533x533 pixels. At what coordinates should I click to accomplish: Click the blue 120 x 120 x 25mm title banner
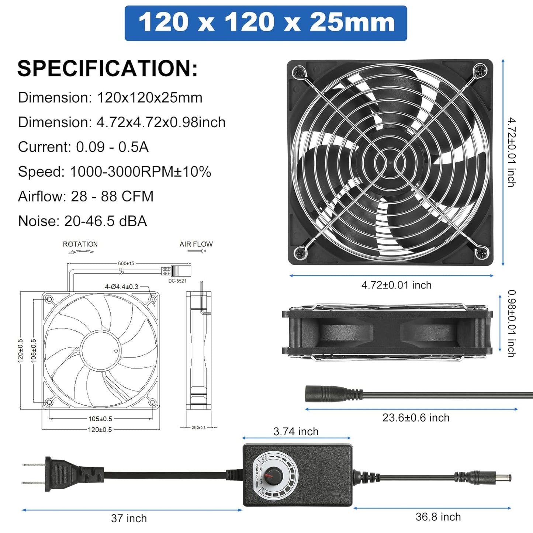[x=266, y=23]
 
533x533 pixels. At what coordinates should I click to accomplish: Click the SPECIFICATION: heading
[x=107, y=69]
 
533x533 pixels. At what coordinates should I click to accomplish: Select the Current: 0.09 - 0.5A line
[x=83, y=147]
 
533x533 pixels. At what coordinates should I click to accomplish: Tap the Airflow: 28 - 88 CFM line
[x=86, y=196]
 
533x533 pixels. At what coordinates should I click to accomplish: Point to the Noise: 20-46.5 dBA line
[x=82, y=221]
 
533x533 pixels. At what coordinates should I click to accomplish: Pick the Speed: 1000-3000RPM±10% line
[x=114, y=172]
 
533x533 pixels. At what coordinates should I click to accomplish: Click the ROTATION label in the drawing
[x=80, y=244]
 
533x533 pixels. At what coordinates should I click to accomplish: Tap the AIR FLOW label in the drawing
[x=196, y=244]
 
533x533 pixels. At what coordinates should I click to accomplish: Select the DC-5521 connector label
[x=177, y=281]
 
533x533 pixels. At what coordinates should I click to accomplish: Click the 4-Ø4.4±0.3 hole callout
[x=121, y=287]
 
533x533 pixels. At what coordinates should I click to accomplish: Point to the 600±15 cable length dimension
[x=126, y=263]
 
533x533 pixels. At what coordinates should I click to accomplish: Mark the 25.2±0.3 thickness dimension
[x=198, y=428]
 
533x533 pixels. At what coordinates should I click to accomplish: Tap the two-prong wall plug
[x=55, y=474]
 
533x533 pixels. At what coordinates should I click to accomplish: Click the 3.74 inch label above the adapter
[x=296, y=432]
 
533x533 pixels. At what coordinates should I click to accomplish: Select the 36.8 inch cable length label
[x=438, y=517]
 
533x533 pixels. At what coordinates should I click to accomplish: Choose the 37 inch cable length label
[x=129, y=518]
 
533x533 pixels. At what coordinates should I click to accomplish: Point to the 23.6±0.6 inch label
[x=416, y=418]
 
